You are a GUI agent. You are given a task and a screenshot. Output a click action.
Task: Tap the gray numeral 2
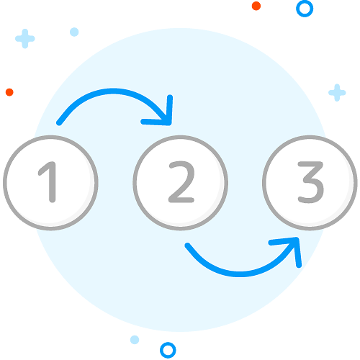(x=181, y=182)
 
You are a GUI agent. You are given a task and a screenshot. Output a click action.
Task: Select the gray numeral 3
(x=311, y=182)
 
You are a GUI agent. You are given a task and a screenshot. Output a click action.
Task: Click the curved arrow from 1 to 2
(x=113, y=91)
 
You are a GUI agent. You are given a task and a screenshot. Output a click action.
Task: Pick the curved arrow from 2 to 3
(x=240, y=274)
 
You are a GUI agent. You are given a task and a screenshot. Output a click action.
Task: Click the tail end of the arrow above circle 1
(x=59, y=123)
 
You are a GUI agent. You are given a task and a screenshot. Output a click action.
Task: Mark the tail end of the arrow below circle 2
(x=188, y=246)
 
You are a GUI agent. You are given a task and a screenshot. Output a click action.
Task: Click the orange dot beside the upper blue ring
(x=256, y=6)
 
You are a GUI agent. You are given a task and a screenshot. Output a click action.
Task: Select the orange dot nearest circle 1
(x=9, y=92)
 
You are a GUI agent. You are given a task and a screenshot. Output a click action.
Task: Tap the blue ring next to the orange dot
(x=305, y=9)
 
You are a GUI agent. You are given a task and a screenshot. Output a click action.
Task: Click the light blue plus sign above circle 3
(x=337, y=93)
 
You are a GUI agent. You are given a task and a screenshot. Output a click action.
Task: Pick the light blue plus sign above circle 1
(x=25, y=39)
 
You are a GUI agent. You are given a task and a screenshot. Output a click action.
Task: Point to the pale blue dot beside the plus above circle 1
(x=74, y=32)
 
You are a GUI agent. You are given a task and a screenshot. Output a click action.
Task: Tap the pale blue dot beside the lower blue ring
(x=135, y=340)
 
